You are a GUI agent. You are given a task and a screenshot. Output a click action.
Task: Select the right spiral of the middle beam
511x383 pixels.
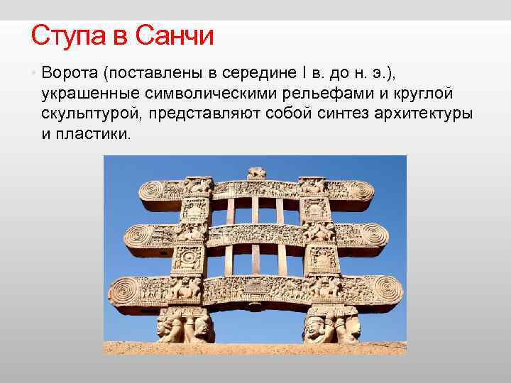374,236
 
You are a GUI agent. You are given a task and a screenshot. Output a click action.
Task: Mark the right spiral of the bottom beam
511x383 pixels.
386,290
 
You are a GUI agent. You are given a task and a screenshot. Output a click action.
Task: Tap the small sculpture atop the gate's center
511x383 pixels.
256,173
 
